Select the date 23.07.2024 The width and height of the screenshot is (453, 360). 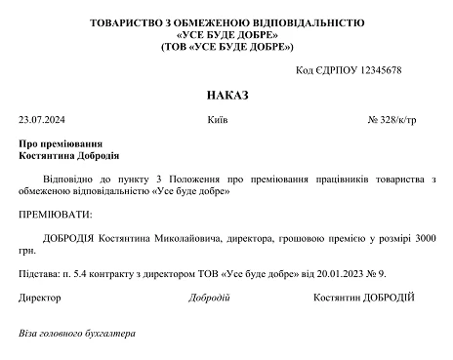[39, 121]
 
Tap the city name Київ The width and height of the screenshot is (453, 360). [218, 121]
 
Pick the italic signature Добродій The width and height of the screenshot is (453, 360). [209, 297]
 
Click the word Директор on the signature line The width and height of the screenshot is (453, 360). [40, 297]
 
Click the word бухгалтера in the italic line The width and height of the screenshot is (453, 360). [109, 334]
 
